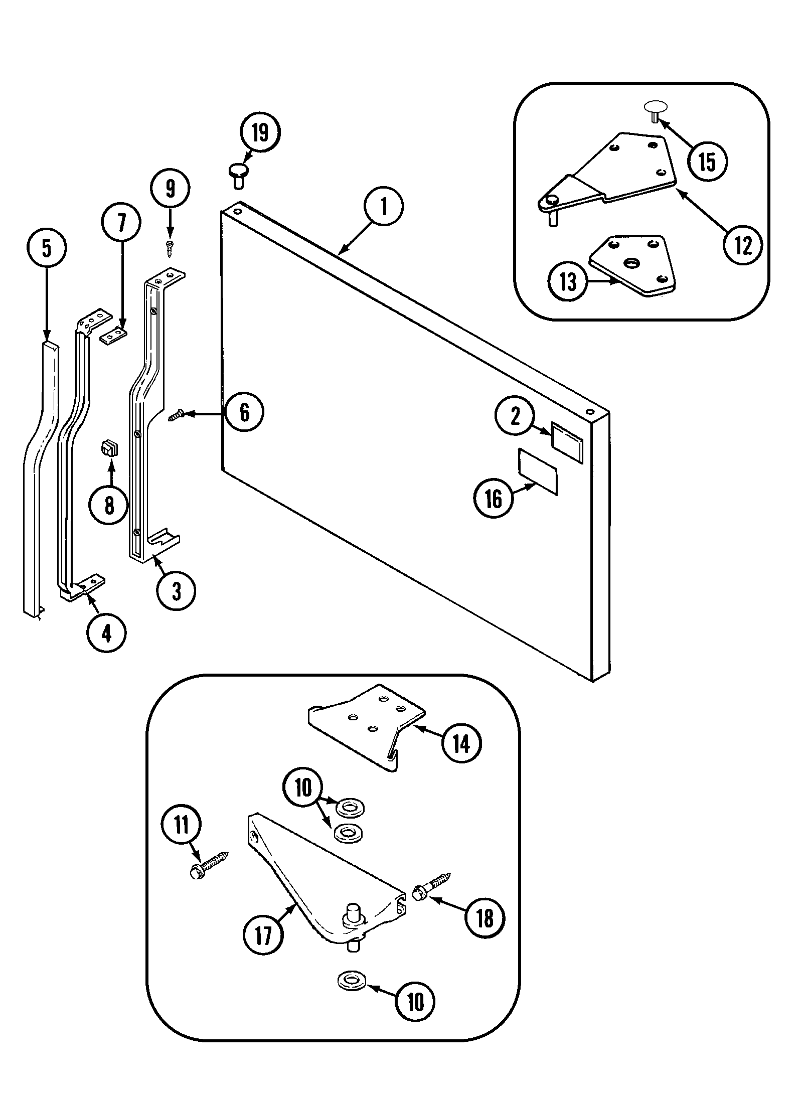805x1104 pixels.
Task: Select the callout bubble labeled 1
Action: coord(384,207)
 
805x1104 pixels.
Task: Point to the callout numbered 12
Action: coord(743,246)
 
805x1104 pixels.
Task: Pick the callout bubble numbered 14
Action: coord(461,743)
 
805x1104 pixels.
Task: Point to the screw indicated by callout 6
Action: coord(176,416)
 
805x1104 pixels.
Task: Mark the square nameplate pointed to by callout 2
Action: coord(567,441)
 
